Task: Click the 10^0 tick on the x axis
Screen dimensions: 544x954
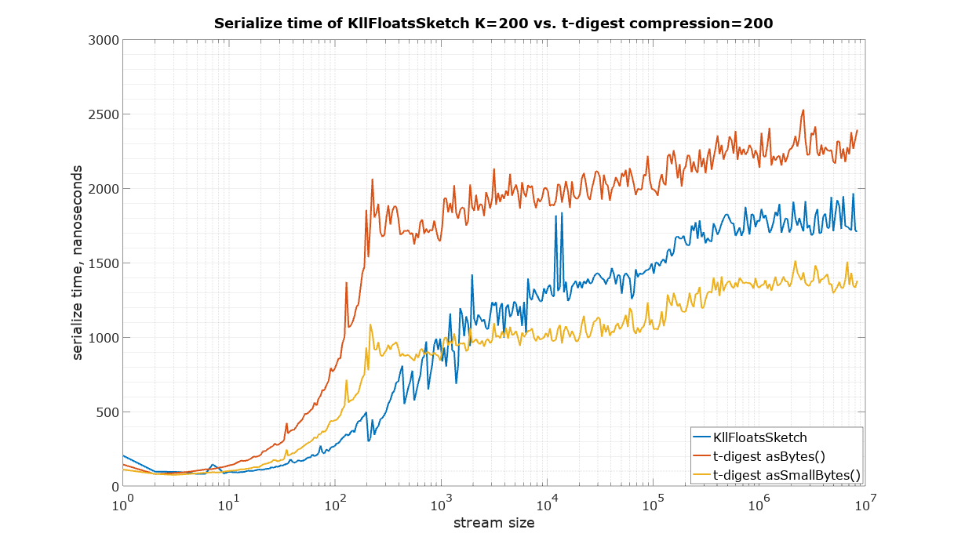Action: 122,502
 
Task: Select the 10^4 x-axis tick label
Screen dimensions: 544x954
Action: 547,502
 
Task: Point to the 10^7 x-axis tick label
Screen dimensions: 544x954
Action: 864,502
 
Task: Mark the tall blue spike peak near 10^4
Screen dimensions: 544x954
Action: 555,215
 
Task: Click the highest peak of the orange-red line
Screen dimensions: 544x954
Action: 803,110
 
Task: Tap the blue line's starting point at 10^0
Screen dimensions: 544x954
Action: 122,455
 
